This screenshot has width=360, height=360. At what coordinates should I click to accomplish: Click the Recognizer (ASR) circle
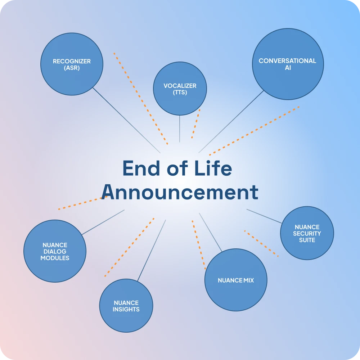[72, 64]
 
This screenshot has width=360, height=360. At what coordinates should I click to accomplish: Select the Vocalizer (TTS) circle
[180, 89]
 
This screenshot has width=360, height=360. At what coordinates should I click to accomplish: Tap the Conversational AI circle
[288, 64]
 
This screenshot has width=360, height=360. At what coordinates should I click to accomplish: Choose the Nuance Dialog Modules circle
[55, 251]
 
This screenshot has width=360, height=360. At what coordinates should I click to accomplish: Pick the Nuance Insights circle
[126, 306]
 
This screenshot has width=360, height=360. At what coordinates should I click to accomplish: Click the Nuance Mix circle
[236, 280]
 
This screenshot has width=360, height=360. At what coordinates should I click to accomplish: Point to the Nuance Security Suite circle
[307, 233]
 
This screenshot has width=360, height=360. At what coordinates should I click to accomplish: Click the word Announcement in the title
[180, 192]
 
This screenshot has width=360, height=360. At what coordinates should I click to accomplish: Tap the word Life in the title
[213, 168]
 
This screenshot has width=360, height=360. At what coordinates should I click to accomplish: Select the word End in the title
[141, 168]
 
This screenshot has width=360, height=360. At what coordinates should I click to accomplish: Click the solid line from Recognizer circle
[126, 120]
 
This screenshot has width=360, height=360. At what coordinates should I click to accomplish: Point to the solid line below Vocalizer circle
[180, 129]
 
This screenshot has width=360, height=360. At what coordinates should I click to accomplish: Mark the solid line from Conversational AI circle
[231, 122]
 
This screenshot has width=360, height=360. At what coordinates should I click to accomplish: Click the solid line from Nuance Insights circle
[152, 250]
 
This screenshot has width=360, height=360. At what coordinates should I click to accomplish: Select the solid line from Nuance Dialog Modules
[103, 222]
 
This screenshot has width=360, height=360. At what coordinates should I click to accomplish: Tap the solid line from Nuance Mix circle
[211, 232]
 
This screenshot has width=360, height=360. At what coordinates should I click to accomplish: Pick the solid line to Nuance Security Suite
[264, 216]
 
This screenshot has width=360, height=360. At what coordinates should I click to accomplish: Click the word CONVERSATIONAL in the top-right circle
[287, 61]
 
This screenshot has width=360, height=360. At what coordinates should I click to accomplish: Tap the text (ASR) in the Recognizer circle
[72, 68]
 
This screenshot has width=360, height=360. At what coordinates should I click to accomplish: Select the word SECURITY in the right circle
[307, 234]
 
